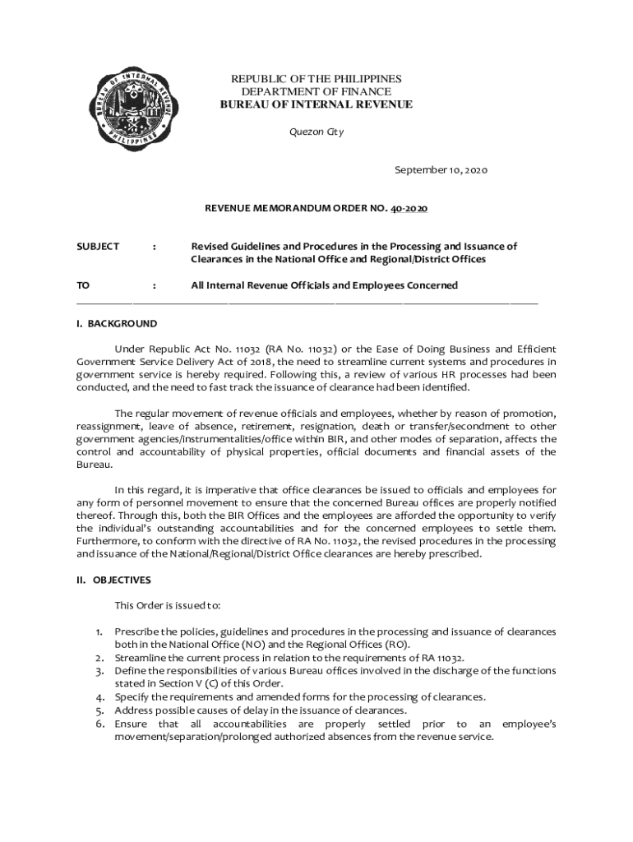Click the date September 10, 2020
point(441,170)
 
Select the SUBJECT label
point(98,247)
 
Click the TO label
point(83,285)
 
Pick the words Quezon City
point(316,132)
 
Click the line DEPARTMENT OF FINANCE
point(316,92)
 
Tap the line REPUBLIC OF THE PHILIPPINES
point(316,79)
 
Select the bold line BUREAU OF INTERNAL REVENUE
point(316,105)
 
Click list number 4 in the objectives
point(98,697)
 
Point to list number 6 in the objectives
point(98,724)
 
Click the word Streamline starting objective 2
point(141,658)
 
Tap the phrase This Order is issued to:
point(168,606)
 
